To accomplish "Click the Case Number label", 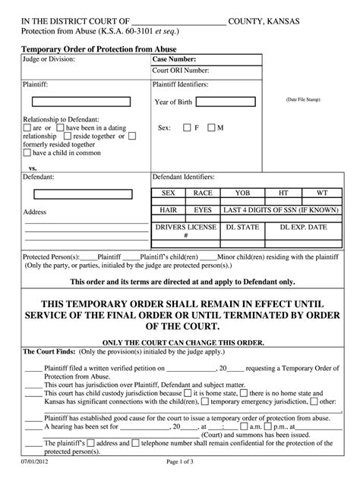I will pyautogui.click(x=175, y=58).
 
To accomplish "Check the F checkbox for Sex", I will pyautogui.click(x=186, y=127).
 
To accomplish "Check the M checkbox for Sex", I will pyautogui.click(x=210, y=127).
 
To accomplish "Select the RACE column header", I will pyautogui.click(x=202, y=193).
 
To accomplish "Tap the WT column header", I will pyautogui.click(x=322, y=193).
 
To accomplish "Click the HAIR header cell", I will pyautogui.click(x=169, y=209).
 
